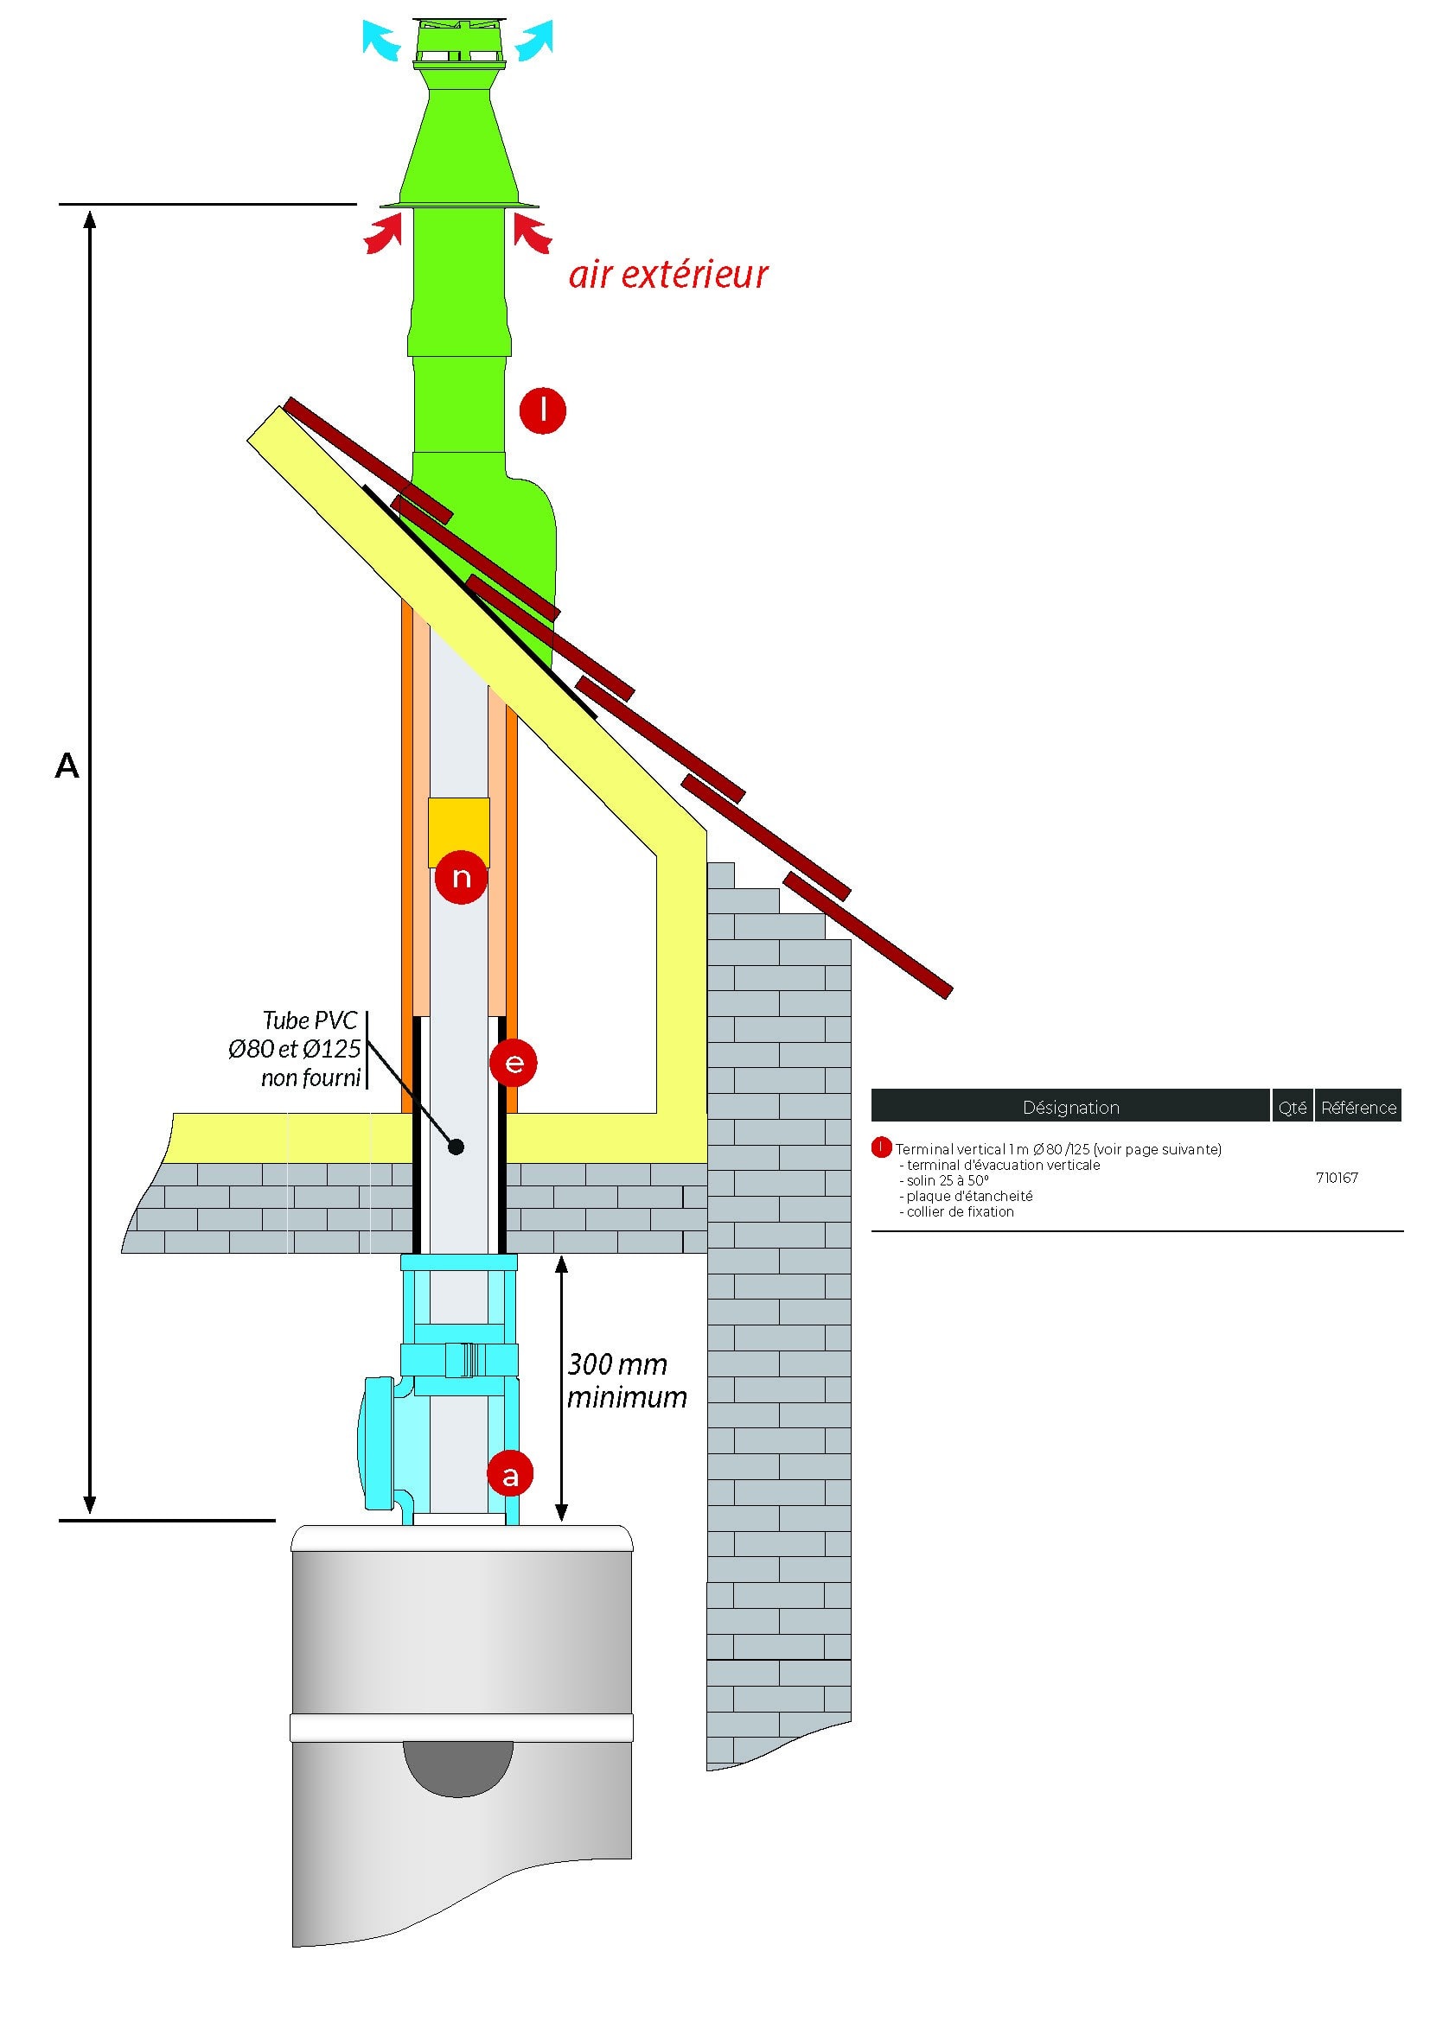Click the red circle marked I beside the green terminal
pos(541,410)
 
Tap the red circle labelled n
pos(461,877)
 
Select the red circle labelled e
pos(514,1063)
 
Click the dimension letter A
pos(67,766)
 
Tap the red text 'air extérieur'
pos(668,275)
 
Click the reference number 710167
pos(1336,1178)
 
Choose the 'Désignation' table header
pos(1069,1108)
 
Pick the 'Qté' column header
pos(1292,1108)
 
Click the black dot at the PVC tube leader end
pos(456,1147)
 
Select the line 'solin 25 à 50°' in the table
pos(943,1180)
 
